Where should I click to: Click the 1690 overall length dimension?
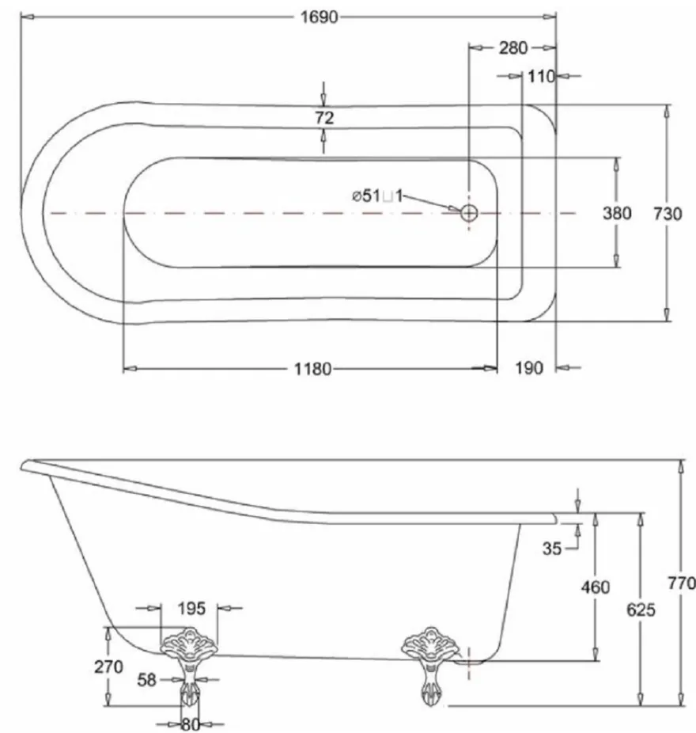pos(319,17)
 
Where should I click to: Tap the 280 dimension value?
pos(513,47)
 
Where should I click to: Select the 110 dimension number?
pos(541,76)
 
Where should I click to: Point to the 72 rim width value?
pos(324,117)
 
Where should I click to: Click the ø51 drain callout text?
pos(377,196)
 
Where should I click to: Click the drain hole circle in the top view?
pos(469,213)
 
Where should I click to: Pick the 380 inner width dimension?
pos(617,213)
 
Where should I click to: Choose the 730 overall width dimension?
pos(668,214)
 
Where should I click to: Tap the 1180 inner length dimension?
pos(312,369)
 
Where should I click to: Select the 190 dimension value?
pos(529,368)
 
